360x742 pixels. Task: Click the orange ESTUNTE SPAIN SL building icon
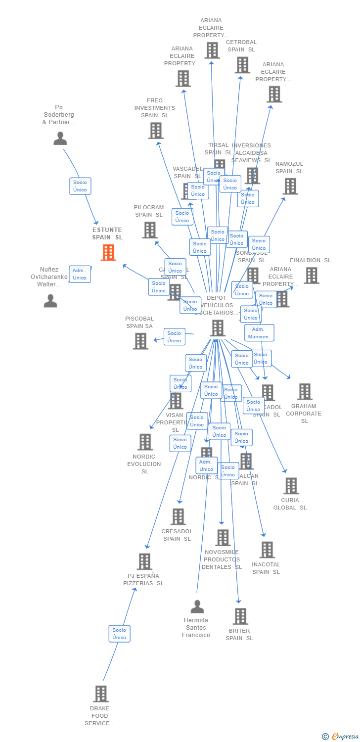tap(108, 252)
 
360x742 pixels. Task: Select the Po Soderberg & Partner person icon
tap(60, 139)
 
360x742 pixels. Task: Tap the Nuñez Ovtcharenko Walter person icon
tap(50, 301)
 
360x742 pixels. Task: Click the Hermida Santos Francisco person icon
tap(197, 606)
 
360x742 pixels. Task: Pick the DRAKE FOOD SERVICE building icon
tap(101, 694)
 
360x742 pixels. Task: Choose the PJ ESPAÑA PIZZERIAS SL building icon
tap(144, 561)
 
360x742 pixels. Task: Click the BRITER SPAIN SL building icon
tap(240, 616)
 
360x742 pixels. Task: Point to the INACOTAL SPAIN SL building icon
tap(267, 550)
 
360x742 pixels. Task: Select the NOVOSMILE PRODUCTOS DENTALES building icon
tap(223, 538)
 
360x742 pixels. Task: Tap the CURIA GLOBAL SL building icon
tap(291, 486)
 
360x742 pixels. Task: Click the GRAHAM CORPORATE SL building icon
tap(305, 392)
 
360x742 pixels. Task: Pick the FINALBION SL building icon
tap(311, 276)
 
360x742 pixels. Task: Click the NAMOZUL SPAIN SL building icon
tap(290, 186)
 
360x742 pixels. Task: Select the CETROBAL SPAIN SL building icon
tap(242, 65)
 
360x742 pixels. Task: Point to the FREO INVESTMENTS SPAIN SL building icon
tap(155, 131)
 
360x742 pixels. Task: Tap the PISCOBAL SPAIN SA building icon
tap(140, 341)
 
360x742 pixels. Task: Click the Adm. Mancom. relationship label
tap(259, 333)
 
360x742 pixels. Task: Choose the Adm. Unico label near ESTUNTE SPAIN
tap(80, 274)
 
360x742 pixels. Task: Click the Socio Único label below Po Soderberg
tap(80, 186)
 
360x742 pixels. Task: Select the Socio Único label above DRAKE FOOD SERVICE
tap(119, 634)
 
